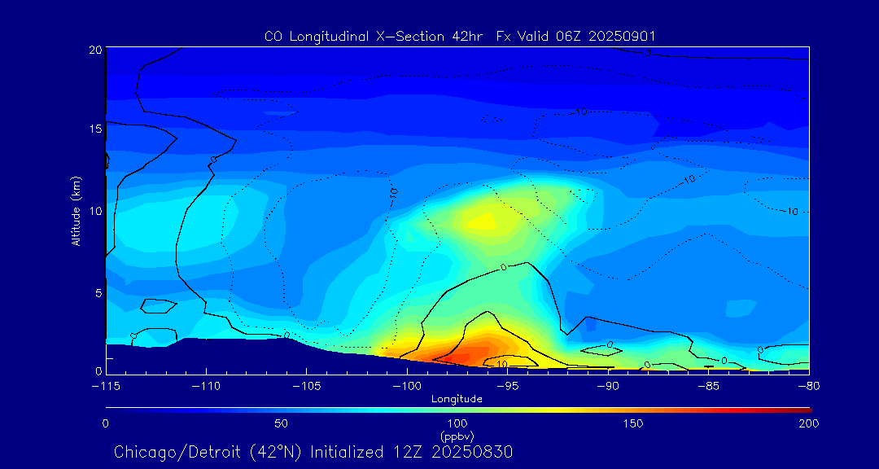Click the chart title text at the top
pos(460,36)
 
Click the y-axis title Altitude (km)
pos(76,211)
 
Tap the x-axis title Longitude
pos(457,399)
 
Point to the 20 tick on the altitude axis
pos(95,50)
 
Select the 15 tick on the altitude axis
pos(95,129)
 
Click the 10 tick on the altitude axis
pos(95,211)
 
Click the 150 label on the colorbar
pos(632,423)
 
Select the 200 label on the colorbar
pos(808,423)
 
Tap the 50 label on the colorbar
pos(281,423)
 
